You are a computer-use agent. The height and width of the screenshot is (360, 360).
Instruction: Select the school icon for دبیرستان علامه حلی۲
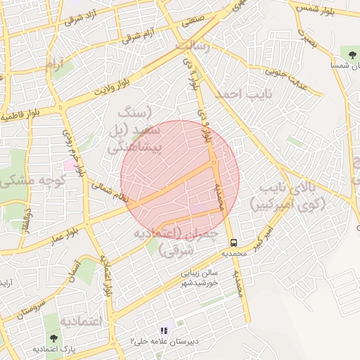click(x=164, y=330)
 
